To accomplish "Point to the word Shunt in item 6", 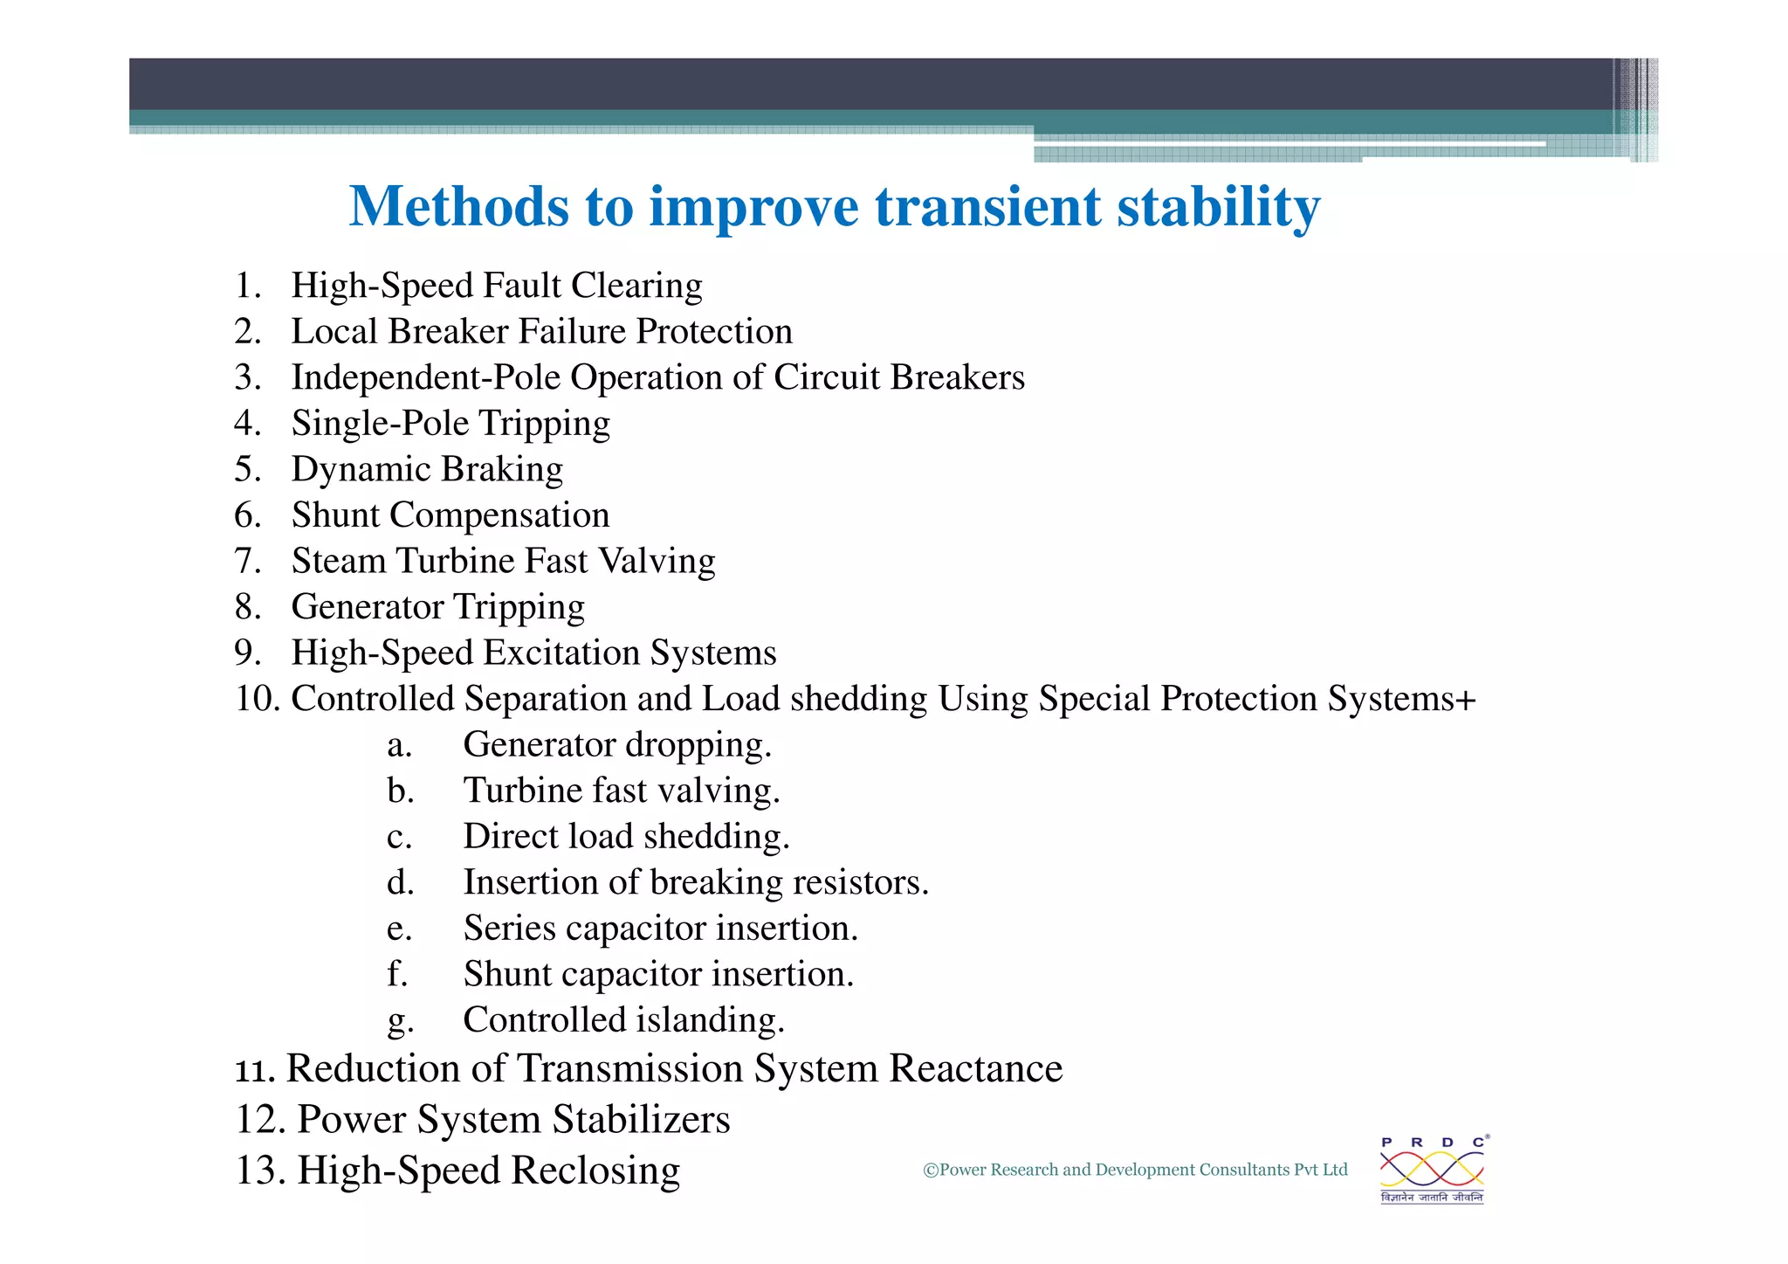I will pyautogui.click(x=335, y=515).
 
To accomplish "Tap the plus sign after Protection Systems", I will pyautogui.click(x=1466, y=699).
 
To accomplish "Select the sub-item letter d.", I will pyautogui.click(x=400, y=882).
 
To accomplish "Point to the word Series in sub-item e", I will pyautogui.click(x=509, y=928).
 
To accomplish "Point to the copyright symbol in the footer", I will pyautogui.click(x=931, y=1171).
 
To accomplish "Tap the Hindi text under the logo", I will pyautogui.click(x=1432, y=1198).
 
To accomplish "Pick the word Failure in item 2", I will pyautogui.click(x=572, y=332).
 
